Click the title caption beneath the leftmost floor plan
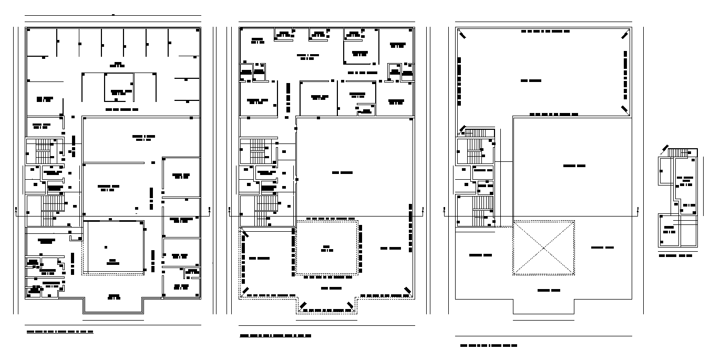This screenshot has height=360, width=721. click(x=60, y=332)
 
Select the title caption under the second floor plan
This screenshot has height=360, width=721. click(x=275, y=335)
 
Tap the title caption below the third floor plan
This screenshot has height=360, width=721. click(x=488, y=346)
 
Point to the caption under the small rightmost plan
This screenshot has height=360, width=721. click(x=676, y=255)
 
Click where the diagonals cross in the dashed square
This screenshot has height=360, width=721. click(x=543, y=248)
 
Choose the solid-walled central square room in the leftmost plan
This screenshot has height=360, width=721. click(x=114, y=247)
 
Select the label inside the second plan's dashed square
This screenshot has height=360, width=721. click(x=327, y=249)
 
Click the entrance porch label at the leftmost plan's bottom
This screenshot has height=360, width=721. click(x=114, y=296)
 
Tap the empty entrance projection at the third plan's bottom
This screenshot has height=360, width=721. click(x=543, y=306)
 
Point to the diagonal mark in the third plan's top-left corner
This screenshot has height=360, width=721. click(x=462, y=35)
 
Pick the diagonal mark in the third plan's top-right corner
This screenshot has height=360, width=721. click(x=624, y=35)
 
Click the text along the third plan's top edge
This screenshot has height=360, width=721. click(x=545, y=32)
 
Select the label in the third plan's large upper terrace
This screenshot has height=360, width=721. click(x=531, y=81)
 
